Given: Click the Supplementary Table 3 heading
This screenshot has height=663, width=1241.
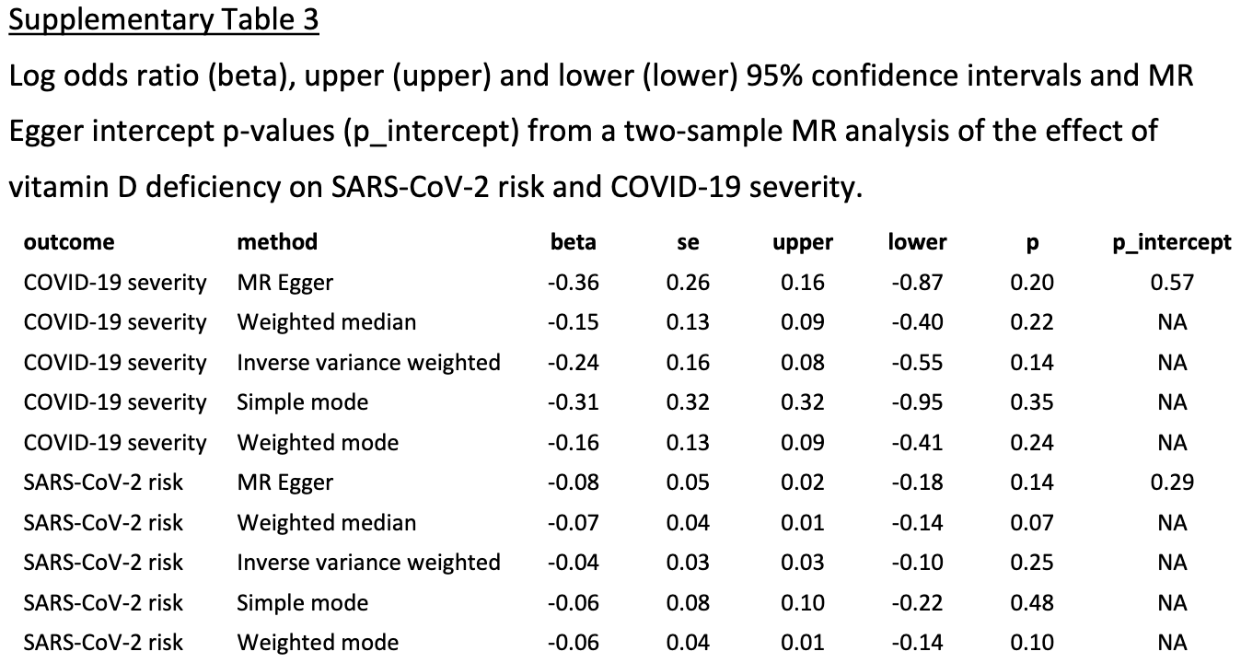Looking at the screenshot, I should click(164, 19).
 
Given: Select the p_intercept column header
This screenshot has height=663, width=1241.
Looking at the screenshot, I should click(1172, 242).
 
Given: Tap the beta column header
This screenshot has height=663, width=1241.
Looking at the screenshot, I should click(573, 242).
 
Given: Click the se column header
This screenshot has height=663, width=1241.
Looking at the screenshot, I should click(688, 242).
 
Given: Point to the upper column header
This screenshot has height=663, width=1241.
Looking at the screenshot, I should click(803, 242).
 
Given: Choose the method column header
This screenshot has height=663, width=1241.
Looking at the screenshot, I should click(277, 242).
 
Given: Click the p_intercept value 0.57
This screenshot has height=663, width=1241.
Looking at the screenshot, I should click(1172, 283).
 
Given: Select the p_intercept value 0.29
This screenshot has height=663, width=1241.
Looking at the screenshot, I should click(1172, 483).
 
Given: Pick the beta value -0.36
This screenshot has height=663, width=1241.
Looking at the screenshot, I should click(573, 283).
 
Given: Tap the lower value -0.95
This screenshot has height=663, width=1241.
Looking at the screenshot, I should click(917, 402).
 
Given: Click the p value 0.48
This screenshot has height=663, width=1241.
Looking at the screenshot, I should click(1032, 603).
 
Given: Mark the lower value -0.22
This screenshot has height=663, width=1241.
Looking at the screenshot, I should click(917, 603).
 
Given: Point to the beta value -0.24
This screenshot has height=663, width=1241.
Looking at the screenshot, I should click(573, 363).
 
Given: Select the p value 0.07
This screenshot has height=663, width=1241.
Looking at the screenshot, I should click(1032, 523).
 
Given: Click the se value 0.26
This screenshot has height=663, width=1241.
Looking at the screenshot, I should click(688, 283).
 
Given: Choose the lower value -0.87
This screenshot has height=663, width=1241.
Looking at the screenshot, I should click(917, 283).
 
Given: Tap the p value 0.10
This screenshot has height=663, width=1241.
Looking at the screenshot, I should click(1032, 643).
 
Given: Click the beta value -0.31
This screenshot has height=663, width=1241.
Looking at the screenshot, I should click(573, 402).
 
